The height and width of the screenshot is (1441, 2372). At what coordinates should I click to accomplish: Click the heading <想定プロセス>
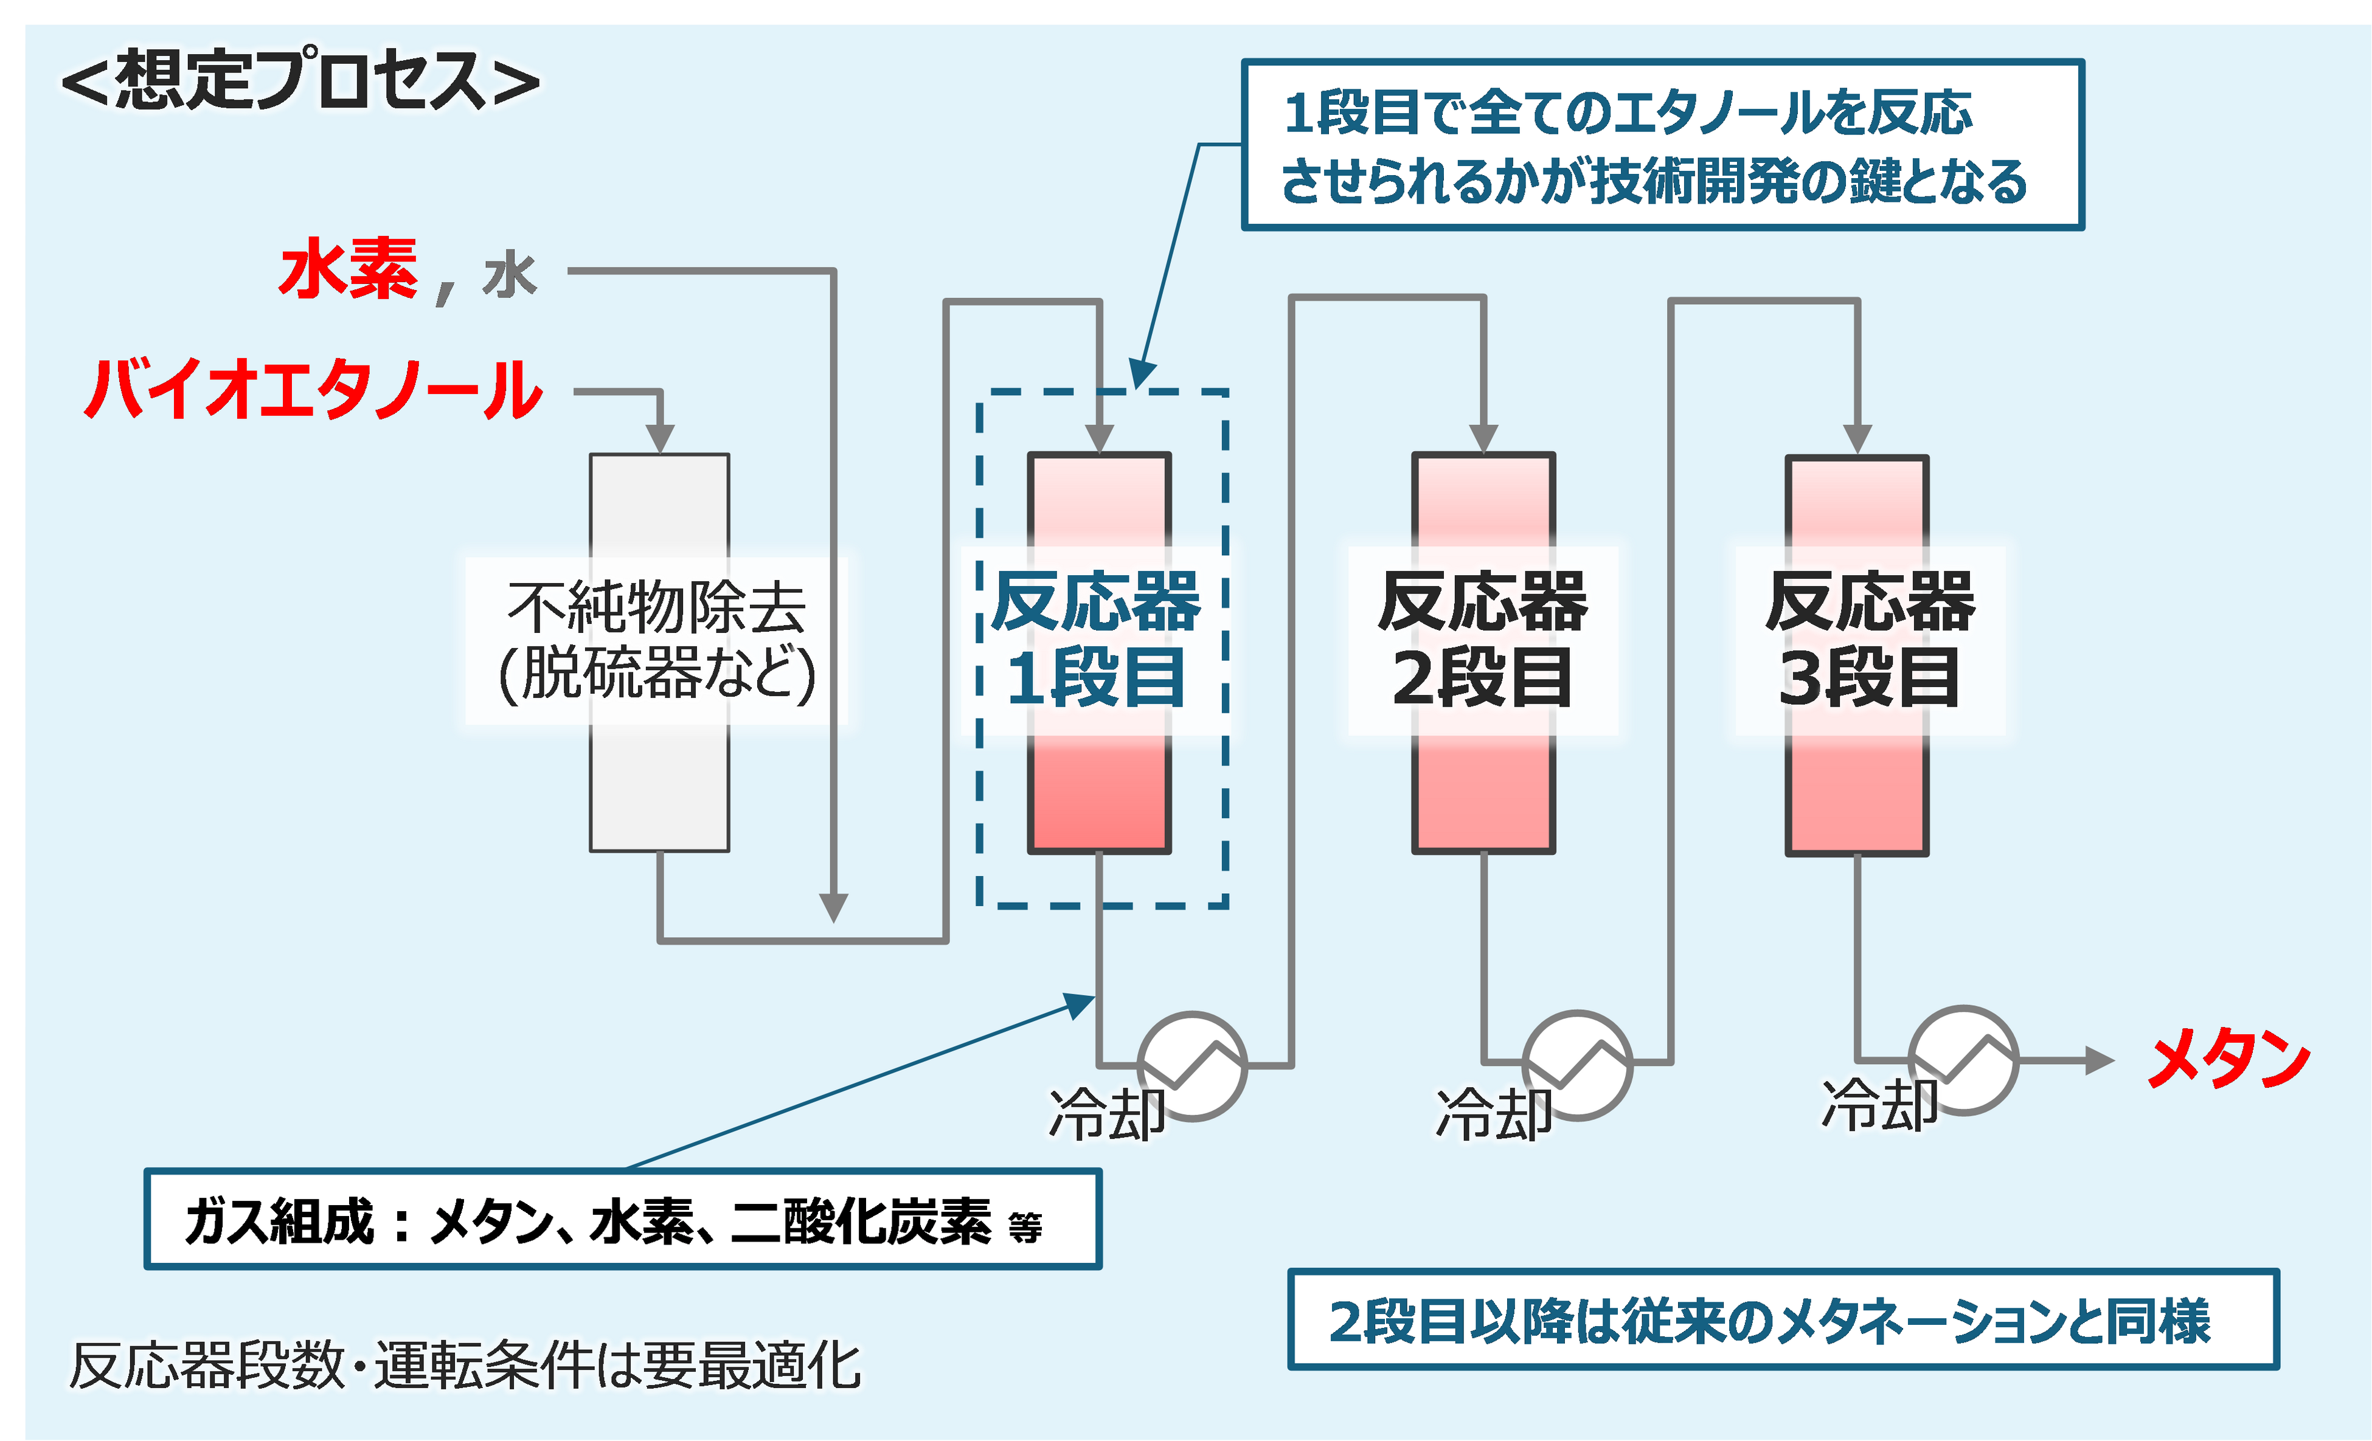(x=300, y=81)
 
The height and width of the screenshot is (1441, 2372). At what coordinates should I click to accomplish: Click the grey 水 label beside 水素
(x=510, y=275)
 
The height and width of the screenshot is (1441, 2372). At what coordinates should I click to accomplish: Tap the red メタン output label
(x=2228, y=1059)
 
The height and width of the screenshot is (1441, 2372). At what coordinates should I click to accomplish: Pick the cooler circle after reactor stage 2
(x=1577, y=1063)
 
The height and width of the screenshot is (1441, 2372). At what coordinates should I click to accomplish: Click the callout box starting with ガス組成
(x=623, y=1220)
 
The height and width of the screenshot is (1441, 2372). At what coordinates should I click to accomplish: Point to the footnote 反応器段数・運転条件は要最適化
(x=465, y=1365)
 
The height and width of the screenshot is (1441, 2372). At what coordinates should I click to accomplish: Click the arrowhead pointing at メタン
(x=2098, y=1061)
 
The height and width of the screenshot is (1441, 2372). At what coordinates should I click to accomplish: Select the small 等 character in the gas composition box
(x=1025, y=1228)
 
